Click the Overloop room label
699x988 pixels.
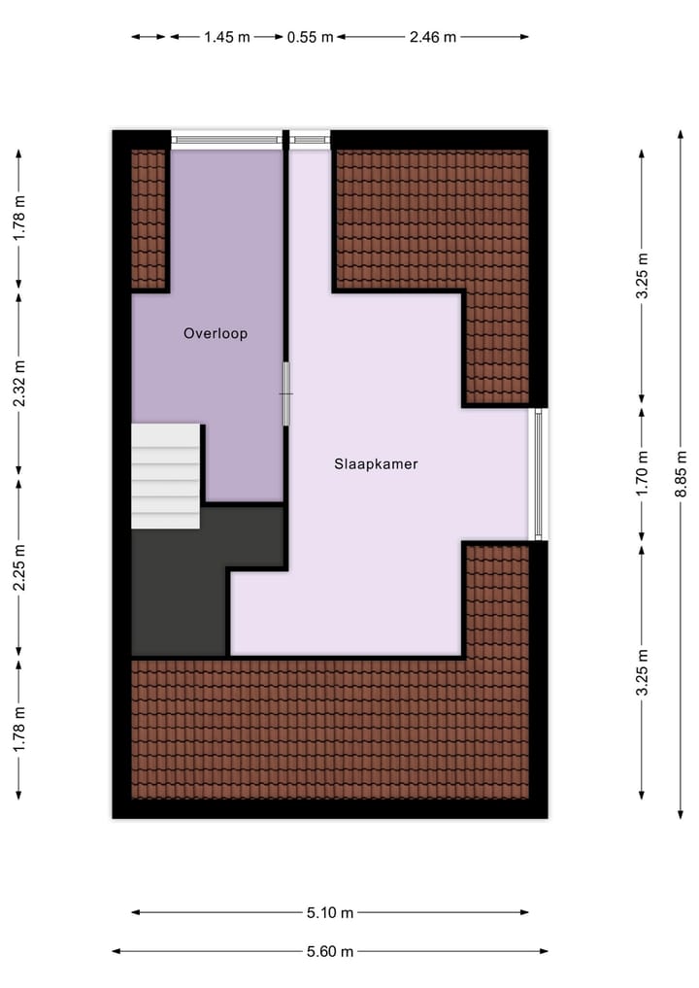pyautogui.click(x=216, y=333)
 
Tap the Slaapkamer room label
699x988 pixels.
pyautogui.click(x=376, y=464)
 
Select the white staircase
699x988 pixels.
pyautogui.click(x=165, y=476)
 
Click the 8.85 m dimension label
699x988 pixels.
pyautogui.click(x=681, y=476)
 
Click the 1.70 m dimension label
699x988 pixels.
pyautogui.click(x=642, y=474)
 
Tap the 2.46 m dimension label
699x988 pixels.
pyautogui.click(x=432, y=37)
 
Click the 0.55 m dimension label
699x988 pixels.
pyautogui.click(x=310, y=37)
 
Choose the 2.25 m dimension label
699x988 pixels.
pyautogui.click(x=19, y=570)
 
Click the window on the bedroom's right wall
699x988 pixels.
pyautogui.click(x=537, y=474)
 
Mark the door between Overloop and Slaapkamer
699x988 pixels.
pyautogui.click(x=286, y=393)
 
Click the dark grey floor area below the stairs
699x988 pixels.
pyautogui.click(x=180, y=593)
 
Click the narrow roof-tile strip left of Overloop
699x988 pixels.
pyautogui.click(x=149, y=219)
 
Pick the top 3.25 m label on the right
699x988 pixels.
pyautogui.click(x=642, y=279)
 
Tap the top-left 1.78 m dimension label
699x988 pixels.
pyautogui.click(x=19, y=219)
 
